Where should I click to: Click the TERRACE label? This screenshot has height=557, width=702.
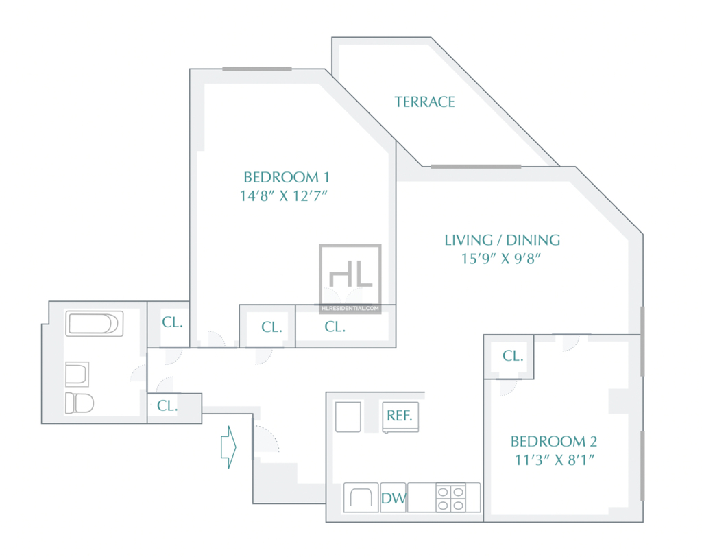coord(424,102)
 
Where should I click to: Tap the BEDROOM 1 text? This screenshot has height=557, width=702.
coord(287,177)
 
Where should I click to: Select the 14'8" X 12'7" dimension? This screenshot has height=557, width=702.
coord(284,195)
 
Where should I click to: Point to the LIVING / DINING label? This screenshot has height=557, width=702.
coord(503,239)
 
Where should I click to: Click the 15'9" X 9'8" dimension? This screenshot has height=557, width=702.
coord(501,259)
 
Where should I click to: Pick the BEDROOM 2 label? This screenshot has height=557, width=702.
coord(554,441)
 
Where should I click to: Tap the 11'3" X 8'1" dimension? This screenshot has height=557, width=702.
coord(555,460)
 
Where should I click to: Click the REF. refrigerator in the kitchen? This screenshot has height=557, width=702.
coord(400,417)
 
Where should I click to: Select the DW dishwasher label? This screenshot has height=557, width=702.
coord(394,498)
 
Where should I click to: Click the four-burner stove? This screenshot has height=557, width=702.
coord(451,498)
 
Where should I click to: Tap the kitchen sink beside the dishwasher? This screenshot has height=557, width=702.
coord(361,497)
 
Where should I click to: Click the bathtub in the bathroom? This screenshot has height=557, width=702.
coord(95,323)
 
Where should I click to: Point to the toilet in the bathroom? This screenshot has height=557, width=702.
coord(80,403)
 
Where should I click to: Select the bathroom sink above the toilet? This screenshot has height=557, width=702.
coord(77,374)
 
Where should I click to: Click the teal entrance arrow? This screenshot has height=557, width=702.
coord(228,447)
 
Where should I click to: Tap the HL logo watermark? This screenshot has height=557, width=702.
coord(350,274)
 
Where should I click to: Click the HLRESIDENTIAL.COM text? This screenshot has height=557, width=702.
coord(350,308)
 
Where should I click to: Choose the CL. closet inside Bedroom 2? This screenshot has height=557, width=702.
coord(513,356)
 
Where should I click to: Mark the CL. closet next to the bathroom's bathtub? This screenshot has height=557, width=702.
coord(172,322)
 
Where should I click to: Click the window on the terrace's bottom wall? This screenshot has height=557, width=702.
coord(476,167)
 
